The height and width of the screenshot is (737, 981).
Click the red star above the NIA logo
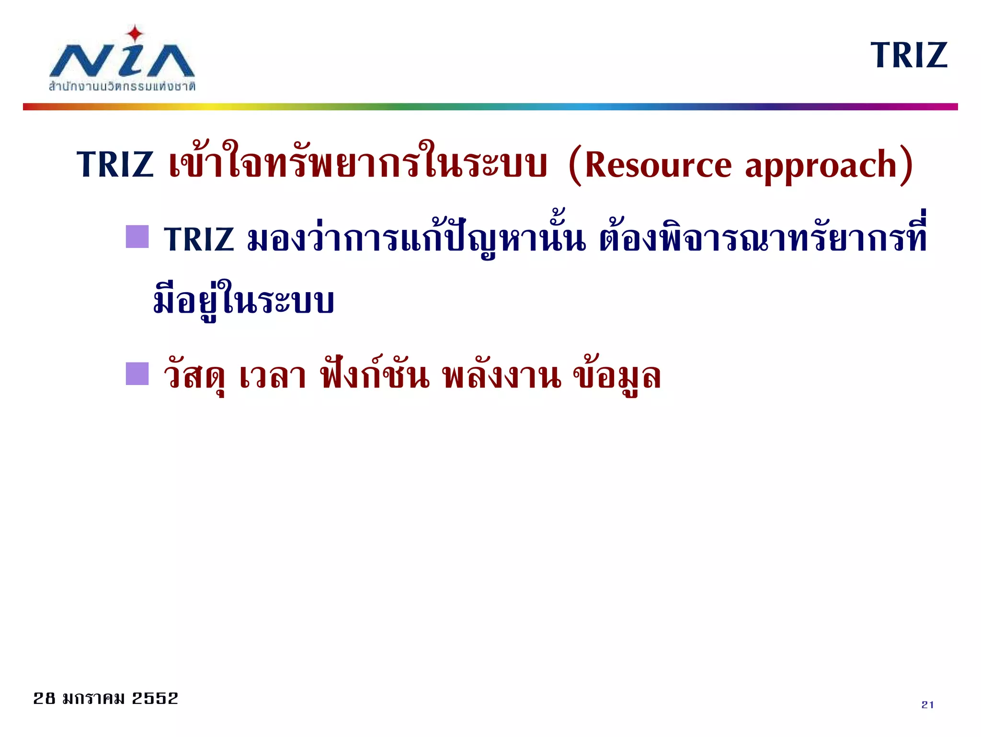tap(135, 34)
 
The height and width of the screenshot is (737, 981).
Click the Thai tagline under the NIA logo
tap(122, 87)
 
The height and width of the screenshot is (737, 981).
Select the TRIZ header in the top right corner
tap(909, 56)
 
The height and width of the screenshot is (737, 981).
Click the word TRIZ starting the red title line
tap(115, 164)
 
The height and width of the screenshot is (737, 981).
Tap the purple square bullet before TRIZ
tap(137, 237)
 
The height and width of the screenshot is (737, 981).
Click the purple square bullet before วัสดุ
tap(137, 374)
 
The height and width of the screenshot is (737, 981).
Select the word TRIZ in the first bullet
tap(199, 239)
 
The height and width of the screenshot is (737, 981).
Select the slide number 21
tap(927, 704)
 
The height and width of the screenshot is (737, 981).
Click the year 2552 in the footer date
tap(155, 698)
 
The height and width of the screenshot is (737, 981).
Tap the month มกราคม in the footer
tap(93, 698)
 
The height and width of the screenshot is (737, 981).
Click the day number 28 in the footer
tap(44, 698)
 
